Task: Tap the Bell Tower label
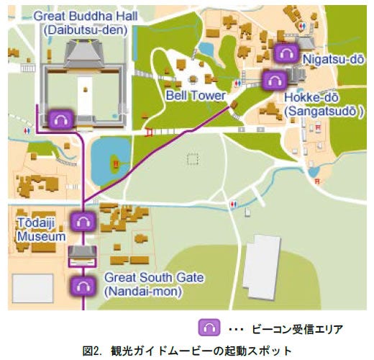click(194, 94)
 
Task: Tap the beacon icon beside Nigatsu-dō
click(286, 52)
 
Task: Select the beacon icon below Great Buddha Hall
click(58, 118)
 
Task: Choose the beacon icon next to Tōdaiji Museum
click(83, 221)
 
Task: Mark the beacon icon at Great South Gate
click(83, 286)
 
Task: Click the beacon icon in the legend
click(210, 328)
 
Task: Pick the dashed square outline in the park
click(192, 159)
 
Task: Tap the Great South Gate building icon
click(82, 252)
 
